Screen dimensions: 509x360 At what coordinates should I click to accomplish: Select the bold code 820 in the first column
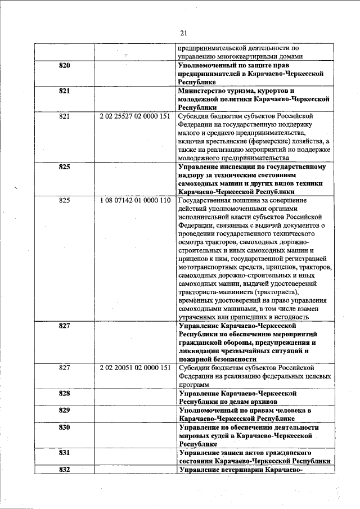point(65,66)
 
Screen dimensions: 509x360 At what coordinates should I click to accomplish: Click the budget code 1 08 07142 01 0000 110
point(134,200)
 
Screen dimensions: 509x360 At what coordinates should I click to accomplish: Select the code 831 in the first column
point(65,452)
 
